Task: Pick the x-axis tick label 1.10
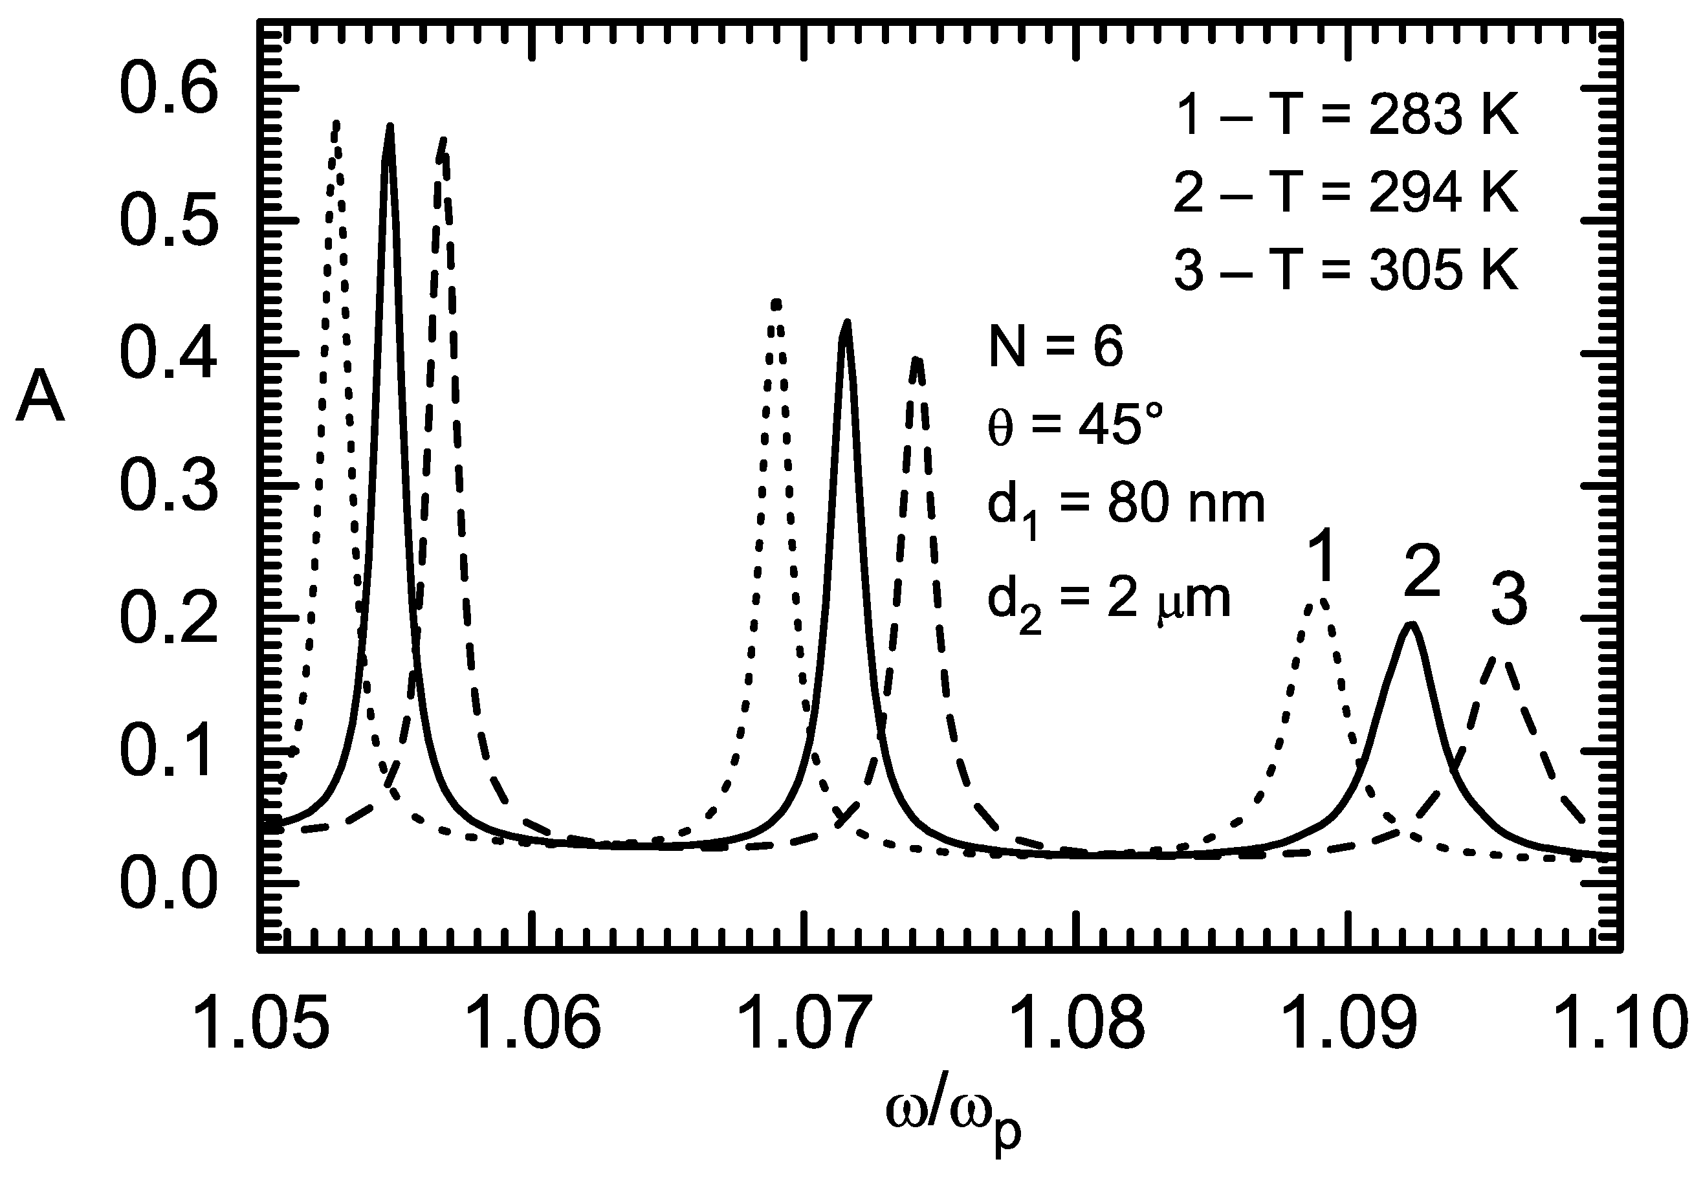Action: point(1618,1025)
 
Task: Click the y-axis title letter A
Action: point(41,397)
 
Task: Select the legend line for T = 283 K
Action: point(1345,116)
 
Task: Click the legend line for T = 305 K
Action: point(1345,270)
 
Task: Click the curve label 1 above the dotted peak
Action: point(1324,558)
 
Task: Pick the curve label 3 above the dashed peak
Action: point(1508,602)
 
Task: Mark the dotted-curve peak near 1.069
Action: point(776,302)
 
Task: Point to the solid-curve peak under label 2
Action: point(1410,625)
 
